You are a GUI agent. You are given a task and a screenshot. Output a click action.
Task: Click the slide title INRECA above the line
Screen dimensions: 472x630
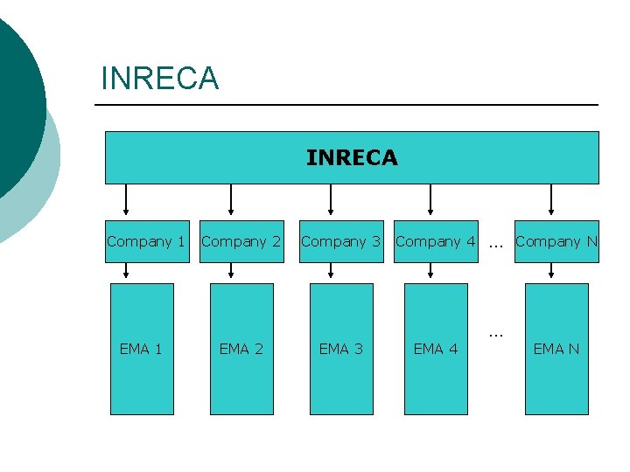point(160,79)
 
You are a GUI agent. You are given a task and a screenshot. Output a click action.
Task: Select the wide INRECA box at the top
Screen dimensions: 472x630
point(352,157)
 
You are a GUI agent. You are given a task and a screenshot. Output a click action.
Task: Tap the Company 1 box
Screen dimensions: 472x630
point(146,241)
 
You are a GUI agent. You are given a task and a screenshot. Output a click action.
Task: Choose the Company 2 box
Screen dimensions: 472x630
point(241,241)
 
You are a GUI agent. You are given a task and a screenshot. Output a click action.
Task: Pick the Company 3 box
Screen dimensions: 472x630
point(341,241)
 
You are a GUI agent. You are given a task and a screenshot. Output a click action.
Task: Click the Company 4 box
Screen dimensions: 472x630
point(436,241)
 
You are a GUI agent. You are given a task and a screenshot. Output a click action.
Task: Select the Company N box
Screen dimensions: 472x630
point(556,241)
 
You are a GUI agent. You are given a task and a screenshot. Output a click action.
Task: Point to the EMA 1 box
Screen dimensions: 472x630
point(141,349)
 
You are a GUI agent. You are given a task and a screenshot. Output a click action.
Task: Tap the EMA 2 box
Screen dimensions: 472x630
point(241,349)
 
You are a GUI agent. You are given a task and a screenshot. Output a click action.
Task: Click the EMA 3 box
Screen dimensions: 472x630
point(340,349)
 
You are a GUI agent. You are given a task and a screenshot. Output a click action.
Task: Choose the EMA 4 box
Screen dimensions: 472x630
point(436,349)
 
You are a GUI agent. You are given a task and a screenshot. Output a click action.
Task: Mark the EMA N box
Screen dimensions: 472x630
point(556,349)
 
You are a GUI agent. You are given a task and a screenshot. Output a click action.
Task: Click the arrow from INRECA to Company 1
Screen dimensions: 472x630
point(127,200)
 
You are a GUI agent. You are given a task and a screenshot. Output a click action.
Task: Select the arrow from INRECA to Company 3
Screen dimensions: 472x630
point(331,200)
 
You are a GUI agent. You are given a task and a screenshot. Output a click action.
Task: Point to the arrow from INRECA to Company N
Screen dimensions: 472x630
point(551,200)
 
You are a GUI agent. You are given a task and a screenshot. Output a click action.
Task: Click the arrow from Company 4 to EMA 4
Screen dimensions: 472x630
point(430,273)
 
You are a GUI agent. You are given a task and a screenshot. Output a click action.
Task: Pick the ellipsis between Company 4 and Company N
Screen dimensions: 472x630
point(496,244)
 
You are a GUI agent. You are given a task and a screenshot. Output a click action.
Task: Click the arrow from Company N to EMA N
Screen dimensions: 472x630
point(551,273)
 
